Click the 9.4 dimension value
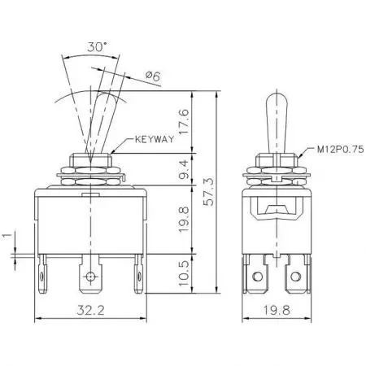(x=183, y=170)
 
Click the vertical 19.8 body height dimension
(x=183, y=217)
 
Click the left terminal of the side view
(x=258, y=277)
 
